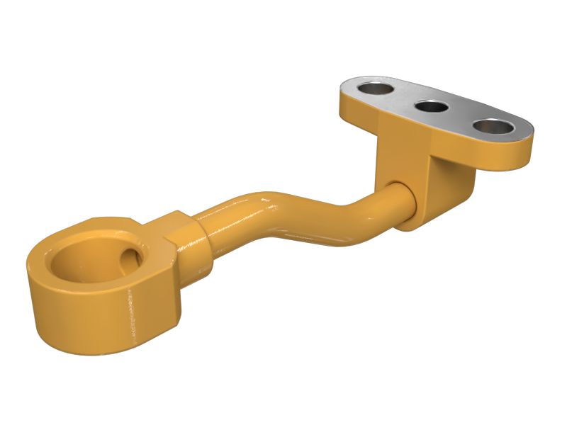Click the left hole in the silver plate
(x=376, y=89)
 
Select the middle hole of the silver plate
(x=431, y=107)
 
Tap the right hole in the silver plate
(x=493, y=127)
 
